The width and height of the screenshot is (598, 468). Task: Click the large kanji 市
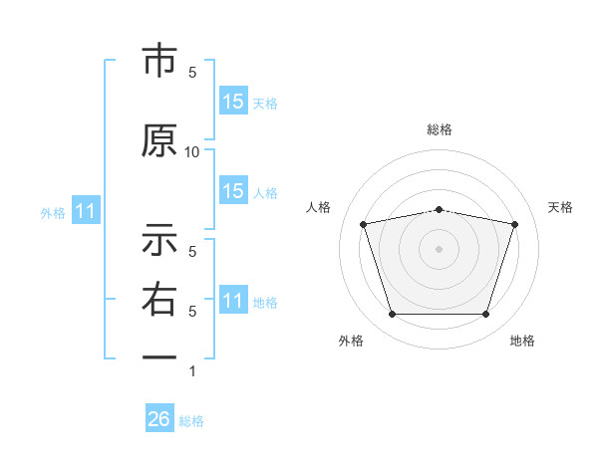(x=159, y=60)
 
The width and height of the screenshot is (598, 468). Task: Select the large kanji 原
(x=159, y=140)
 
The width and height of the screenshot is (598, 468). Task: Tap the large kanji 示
(x=159, y=239)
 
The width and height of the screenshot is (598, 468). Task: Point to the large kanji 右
(x=159, y=299)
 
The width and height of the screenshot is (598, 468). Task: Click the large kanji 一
(x=159, y=357)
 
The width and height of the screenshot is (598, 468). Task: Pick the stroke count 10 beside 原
(x=191, y=152)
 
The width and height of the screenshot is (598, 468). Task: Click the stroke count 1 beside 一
(x=192, y=371)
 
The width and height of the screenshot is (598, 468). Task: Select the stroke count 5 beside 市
(x=192, y=73)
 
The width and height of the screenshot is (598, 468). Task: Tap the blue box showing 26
(x=159, y=417)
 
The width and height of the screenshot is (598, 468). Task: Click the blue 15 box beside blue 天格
(x=233, y=101)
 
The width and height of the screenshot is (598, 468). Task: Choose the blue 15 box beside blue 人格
(x=233, y=190)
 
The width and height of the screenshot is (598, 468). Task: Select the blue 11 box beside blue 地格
(x=233, y=299)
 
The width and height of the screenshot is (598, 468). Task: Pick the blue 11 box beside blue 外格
(x=86, y=210)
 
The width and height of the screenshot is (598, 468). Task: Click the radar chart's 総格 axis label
(x=440, y=129)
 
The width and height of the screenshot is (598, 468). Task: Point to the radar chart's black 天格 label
(x=560, y=207)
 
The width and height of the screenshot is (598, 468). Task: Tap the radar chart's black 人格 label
(x=318, y=207)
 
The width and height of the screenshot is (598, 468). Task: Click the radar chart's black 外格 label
(x=351, y=341)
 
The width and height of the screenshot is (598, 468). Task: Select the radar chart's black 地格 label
(x=522, y=341)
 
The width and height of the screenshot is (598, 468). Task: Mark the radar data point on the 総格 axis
(x=440, y=210)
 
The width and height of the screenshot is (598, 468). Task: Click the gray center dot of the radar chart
(x=439, y=249)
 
